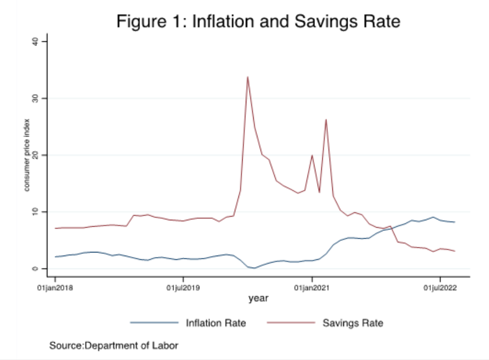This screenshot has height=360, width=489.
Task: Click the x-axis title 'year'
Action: click(x=258, y=298)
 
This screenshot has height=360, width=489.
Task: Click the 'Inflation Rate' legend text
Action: click(x=216, y=323)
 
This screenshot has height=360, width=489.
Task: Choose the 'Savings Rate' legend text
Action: click(x=352, y=323)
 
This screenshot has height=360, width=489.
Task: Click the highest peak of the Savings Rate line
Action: click(x=247, y=77)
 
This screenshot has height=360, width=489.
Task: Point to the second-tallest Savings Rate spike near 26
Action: click(x=326, y=120)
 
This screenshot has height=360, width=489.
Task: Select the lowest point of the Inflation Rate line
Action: click(x=255, y=268)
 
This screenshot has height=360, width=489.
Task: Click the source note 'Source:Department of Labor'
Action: click(x=113, y=346)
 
